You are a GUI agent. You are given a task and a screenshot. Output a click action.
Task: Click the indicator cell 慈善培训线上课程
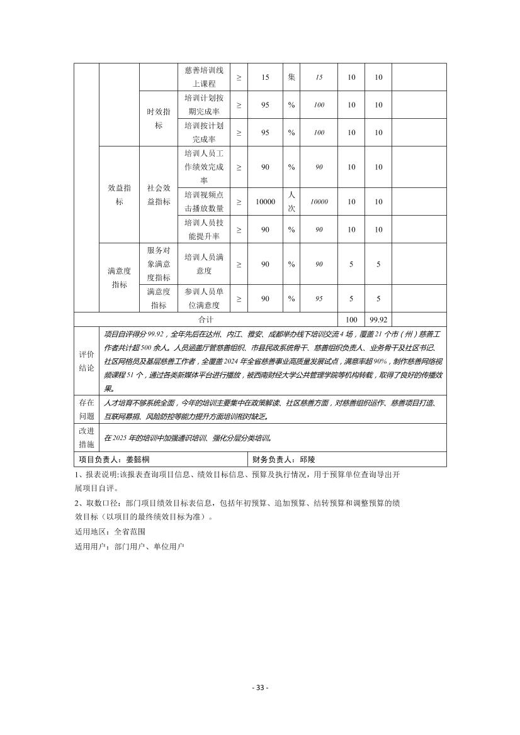tap(203, 77)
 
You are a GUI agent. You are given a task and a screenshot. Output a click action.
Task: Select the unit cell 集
tap(291, 77)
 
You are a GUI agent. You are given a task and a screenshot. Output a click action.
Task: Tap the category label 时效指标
tap(158, 118)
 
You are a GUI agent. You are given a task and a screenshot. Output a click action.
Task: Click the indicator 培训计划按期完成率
tap(203, 104)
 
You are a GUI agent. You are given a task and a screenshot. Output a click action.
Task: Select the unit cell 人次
tap(291, 202)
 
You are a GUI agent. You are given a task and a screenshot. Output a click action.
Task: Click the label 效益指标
tap(119, 195)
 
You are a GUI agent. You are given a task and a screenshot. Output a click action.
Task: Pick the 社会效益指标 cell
tap(158, 195)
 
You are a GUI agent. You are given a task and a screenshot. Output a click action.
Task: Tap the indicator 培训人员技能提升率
tap(203, 229)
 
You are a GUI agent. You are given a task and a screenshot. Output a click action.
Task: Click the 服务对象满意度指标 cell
tap(158, 264)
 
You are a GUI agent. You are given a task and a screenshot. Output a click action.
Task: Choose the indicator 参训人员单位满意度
tap(203, 299)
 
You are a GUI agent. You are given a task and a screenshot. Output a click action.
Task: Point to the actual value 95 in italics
tap(319, 299)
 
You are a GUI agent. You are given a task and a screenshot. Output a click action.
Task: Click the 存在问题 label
tap(86, 409)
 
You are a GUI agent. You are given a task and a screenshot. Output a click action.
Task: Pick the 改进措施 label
tap(86, 438)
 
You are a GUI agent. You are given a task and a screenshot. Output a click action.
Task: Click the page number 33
tap(259, 688)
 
